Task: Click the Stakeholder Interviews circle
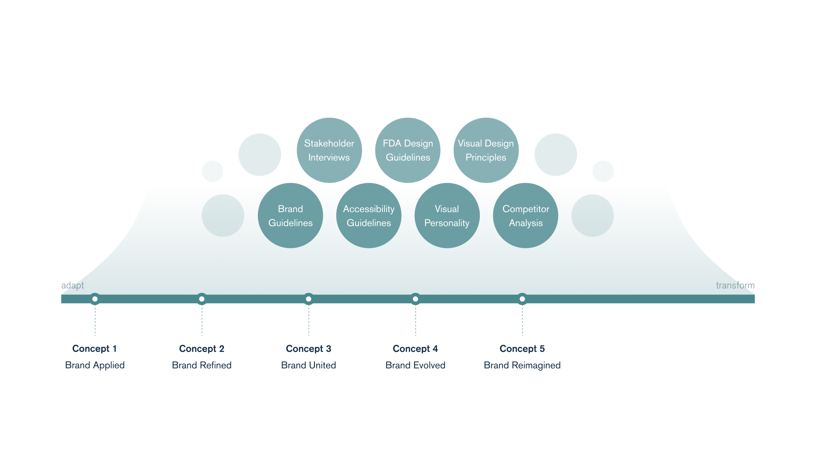(x=329, y=150)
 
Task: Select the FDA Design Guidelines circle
(x=408, y=150)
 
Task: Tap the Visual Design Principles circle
(x=486, y=150)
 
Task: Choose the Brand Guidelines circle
(x=290, y=215)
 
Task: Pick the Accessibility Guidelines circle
(x=369, y=215)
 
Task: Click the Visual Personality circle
(x=447, y=215)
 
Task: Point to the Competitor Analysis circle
(x=526, y=215)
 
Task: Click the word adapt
(x=73, y=286)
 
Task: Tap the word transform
(x=735, y=285)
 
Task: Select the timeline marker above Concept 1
(x=95, y=299)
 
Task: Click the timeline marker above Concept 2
(x=202, y=299)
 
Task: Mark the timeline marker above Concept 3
(x=309, y=299)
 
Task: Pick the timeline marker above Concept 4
(x=415, y=299)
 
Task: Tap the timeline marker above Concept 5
(x=522, y=299)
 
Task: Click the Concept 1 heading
(x=95, y=349)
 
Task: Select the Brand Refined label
(x=202, y=365)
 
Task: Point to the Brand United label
(x=309, y=365)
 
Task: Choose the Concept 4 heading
(x=415, y=349)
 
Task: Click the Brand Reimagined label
(x=522, y=365)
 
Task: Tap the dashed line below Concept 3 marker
(x=309, y=321)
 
